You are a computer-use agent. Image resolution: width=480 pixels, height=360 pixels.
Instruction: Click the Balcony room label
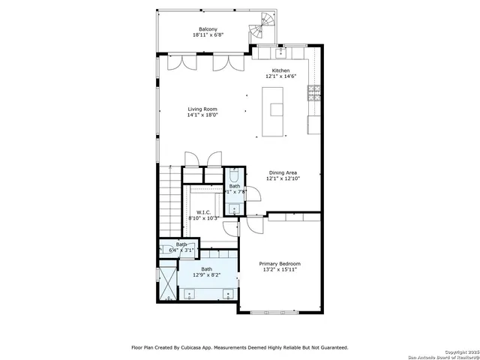[x=198, y=28]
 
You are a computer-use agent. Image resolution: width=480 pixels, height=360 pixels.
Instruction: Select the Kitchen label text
[x=280, y=70]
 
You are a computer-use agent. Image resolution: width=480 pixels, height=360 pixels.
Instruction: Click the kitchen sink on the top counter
[x=280, y=52]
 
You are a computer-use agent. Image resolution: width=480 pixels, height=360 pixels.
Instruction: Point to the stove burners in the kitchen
[x=314, y=94]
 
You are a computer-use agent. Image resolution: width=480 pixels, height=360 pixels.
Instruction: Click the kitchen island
[x=276, y=109]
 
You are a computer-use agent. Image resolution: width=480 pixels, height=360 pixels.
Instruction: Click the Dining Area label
[x=284, y=172]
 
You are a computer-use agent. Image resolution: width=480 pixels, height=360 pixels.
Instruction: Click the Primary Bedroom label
[x=280, y=263]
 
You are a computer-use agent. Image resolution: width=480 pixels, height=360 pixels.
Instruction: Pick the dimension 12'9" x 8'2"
[x=206, y=274]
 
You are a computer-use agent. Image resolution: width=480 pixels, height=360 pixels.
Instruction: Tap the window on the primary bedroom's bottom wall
[x=273, y=311]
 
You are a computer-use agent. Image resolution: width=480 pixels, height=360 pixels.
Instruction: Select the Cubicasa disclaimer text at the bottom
[x=240, y=347]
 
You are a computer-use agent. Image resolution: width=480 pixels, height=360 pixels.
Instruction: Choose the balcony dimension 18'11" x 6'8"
[x=198, y=34]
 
